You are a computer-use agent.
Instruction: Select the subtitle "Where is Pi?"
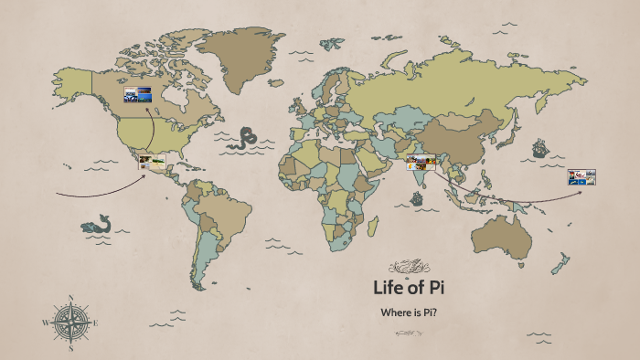tap(408, 312)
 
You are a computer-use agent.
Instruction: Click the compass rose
tap(70, 323)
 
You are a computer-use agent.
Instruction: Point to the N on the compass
tap(70, 299)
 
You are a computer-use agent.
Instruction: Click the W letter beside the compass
tap(45, 323)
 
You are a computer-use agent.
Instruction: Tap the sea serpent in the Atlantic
tap(243, 139)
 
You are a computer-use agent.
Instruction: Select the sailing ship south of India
tap(418, 196)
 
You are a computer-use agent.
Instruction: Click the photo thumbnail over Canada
tap(138, 93)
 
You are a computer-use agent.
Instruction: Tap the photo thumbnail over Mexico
tap(152, 164)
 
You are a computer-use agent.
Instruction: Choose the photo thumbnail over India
tap(421, 164)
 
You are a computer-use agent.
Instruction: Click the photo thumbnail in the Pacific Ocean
tap(581, 177)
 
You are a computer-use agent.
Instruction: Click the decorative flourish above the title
tap(407, 267)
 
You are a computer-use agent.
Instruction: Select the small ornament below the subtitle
tap(408, 333)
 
